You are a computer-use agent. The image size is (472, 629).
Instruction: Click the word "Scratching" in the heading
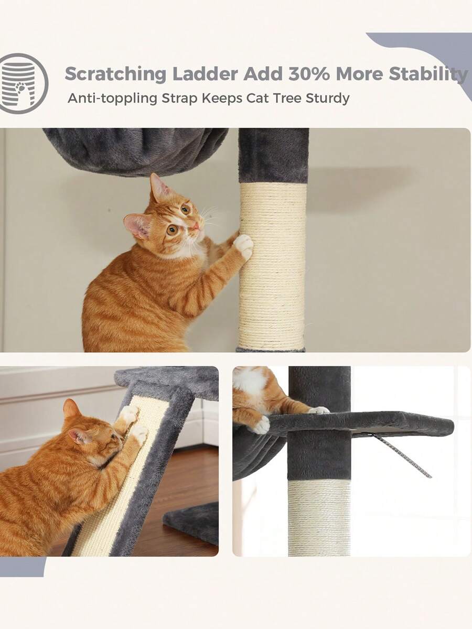click(115, 74)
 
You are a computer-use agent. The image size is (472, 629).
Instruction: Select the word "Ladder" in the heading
click(205, 74)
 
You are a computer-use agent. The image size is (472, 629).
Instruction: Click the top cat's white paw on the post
click(243, 247)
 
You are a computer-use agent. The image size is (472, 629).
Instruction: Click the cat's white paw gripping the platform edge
click(261, 425)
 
